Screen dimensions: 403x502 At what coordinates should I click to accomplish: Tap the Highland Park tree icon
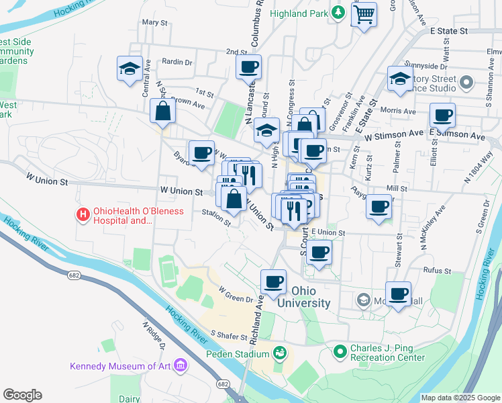[339, 11]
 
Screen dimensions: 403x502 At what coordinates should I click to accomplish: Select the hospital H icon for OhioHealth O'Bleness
[83, 215]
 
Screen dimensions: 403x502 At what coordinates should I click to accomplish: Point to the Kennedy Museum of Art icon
[180, 366]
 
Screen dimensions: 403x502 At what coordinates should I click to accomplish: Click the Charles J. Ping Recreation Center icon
[340, 351]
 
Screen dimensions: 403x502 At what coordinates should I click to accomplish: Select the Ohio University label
[311, 297]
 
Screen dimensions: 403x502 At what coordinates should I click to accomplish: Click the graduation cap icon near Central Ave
[129, 68]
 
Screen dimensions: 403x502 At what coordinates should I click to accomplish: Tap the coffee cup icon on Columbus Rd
[248, 67]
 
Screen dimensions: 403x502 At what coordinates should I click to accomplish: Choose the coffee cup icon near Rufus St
[398, 294]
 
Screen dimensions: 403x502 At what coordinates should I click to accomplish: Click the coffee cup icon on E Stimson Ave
[442, 115]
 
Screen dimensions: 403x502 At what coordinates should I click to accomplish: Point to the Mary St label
[154, 22]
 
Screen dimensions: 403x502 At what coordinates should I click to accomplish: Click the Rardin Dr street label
[178, 62]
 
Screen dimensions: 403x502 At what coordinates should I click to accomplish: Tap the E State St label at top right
[448, 31]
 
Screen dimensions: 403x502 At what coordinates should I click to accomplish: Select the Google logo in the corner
[22, 395]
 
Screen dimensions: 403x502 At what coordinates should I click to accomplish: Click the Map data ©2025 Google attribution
[460, 398]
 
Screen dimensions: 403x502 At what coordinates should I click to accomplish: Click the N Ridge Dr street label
[154, 337]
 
